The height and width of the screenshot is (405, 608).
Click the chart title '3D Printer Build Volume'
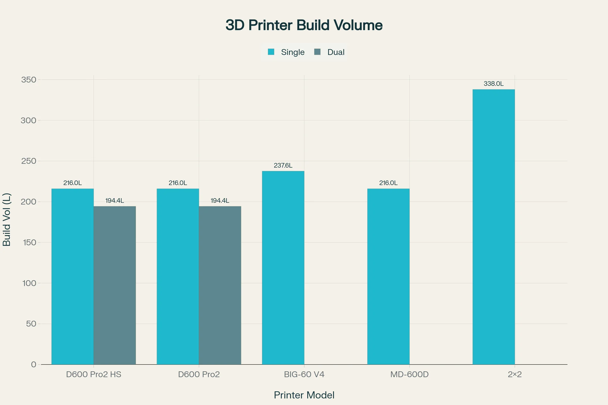coord(304,25)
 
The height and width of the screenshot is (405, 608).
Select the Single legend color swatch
coord(271,52)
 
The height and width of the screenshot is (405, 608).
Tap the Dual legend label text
coord(336,52)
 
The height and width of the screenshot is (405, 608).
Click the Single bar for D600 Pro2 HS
coord(73,277)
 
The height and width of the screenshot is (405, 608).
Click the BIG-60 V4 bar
coord(283,268)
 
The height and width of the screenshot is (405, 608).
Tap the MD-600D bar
coord(388,277)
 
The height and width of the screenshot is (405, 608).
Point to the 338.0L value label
coord(493,84)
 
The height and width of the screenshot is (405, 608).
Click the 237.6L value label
coord(283,165)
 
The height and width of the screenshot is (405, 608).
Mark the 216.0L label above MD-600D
coord(388,183)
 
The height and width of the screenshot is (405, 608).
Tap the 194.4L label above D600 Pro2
coord(220,201)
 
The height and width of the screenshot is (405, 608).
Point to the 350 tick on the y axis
coord(28,80)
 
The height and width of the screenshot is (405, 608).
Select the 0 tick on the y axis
coord(34,364)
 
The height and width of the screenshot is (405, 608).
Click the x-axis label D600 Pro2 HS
coord(94,375)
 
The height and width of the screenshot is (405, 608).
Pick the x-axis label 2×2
coord(515,375)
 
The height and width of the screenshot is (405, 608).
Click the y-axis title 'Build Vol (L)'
coord(7,220)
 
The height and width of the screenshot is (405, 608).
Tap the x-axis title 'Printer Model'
coord(304,395)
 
